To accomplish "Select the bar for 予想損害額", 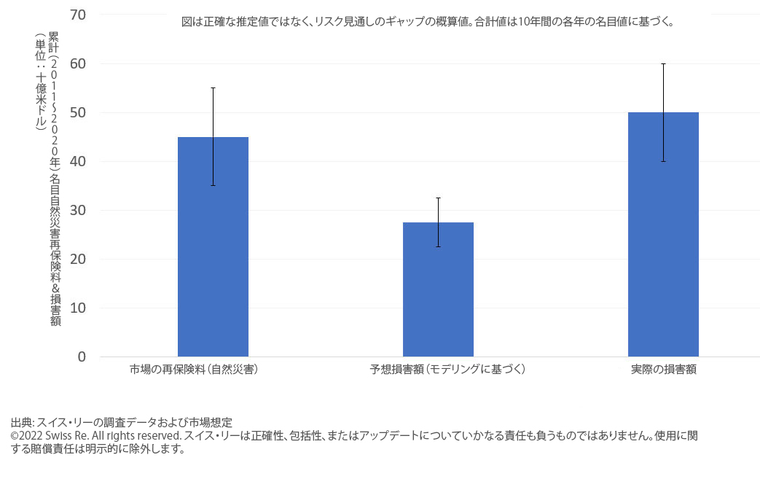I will click(x=438, y=289).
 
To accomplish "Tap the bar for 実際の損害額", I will click(x=663, y=234).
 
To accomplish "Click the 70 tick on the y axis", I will click(x=78, y=15).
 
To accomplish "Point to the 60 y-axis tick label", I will click(x=78, y=63).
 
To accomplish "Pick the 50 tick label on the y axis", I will click(x=78, y=112).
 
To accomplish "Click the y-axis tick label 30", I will click(x=78, y=210).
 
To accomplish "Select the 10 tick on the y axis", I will click(x=78, y=308).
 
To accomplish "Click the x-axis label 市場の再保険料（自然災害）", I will click(x=194, y=370).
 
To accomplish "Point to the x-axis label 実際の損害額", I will click(x=663, y=370).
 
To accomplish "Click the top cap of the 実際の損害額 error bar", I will click(x=663, y=63).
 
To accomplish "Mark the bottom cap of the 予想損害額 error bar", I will click(x=438, y=246).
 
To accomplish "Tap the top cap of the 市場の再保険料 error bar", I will click(x=213, y=88).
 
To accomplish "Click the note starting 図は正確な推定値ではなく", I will click(x=427, y=22).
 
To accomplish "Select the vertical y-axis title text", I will click(x=47, y=179).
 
